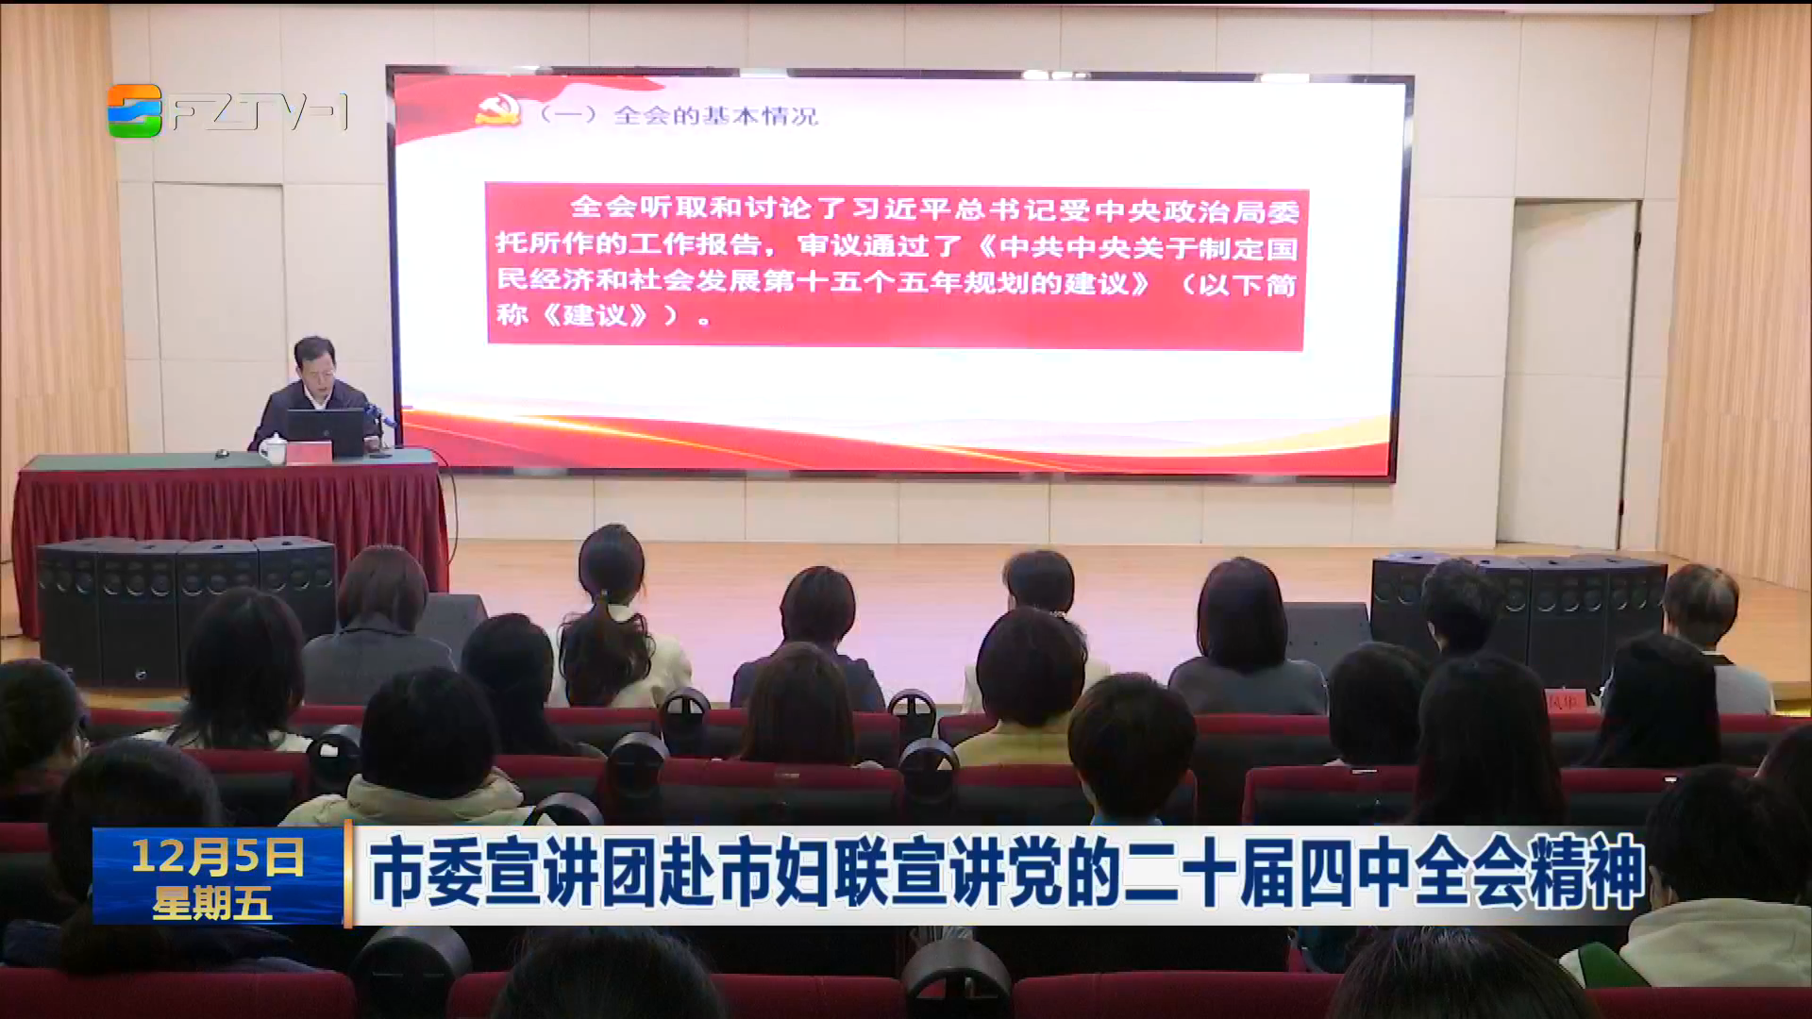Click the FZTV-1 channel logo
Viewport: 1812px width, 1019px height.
(x=227, y=111)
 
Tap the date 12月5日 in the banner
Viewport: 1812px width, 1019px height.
(x=218, y=857)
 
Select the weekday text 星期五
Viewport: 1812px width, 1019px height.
(x=212, y=903)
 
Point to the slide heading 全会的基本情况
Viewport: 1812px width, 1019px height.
(x=716, y=116)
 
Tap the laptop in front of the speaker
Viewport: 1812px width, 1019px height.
(x=325, y=433)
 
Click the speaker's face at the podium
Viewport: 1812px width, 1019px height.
(x=317, y=368)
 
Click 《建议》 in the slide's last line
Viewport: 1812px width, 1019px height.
(x=596, y=315)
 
